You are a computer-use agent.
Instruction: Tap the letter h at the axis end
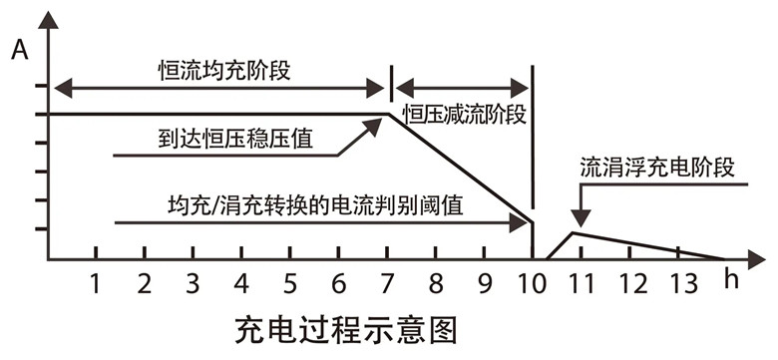tap(732, 279)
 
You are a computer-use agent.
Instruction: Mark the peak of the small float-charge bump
tap(572, 234)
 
